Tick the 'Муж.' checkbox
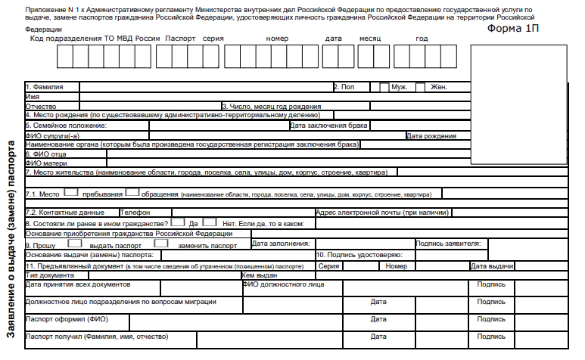pyautogui.click(x=384, y=87)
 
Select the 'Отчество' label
pyautogui.click(x=42, y=107)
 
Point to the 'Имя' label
pyautogui.click(x=33, y=97)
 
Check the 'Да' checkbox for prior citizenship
pyautogui.click(x=178, y=223)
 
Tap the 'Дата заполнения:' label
pyautogui.click(x=281, y=244)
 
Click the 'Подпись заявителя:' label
pyautogui.click(x=448, y=244)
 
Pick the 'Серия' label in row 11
pyautogui.click(x=328, y=266)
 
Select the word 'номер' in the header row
pyautogui.click(x=278, y=38)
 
